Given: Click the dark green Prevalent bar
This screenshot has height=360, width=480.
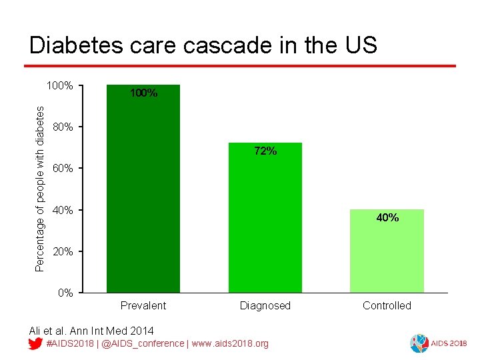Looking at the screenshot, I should pyautogui.click(x=143, y=193).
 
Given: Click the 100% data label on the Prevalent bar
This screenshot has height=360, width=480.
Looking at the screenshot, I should pyautogui.click(x=143, y=93).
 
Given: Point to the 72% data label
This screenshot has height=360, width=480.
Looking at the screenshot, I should pyautogui.click(x=265, y=151).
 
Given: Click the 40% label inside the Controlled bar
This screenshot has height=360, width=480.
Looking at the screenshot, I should pyautogui.click(x=387, y=217).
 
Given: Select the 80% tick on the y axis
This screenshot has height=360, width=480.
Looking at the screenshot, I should pyautogui.click(x=63, y=127).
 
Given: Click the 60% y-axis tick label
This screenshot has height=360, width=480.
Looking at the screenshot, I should pyautogui.click(x=63, y=169).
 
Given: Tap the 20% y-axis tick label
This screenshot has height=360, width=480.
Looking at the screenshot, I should pyautogui.click(x=63, y=251).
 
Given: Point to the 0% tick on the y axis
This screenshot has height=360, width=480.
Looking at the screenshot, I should pyautogui.click(x=65, y=293).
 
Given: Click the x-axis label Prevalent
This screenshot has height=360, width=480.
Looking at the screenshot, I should pyautogui.click(x=143, y=305).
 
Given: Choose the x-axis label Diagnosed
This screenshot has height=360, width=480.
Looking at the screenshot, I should pyautogui.click(x=265, y=305).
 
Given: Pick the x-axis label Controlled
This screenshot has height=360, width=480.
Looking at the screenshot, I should pyautogui.click(x=387, y=305).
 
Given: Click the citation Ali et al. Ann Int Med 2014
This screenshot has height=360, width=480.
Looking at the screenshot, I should pyautogui.click(x=91, y=331).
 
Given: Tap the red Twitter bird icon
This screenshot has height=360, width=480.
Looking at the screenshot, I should pyautogui.click(x=36, y=343).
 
